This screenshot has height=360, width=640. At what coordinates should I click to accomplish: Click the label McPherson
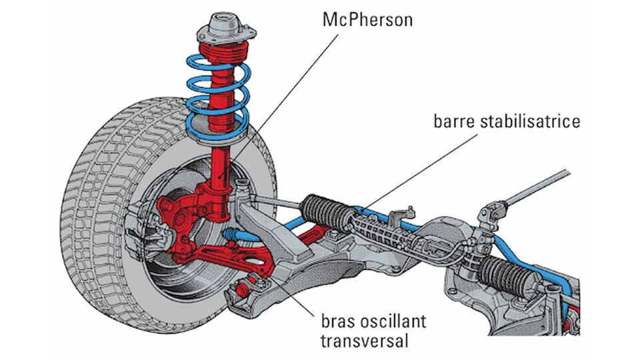click(x=367, y=20)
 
